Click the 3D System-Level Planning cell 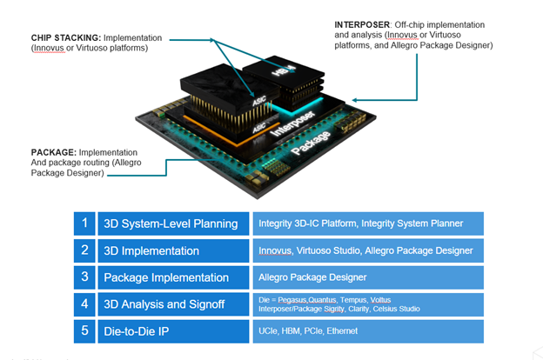tap(171, 223)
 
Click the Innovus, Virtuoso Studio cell tap(365, 250)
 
